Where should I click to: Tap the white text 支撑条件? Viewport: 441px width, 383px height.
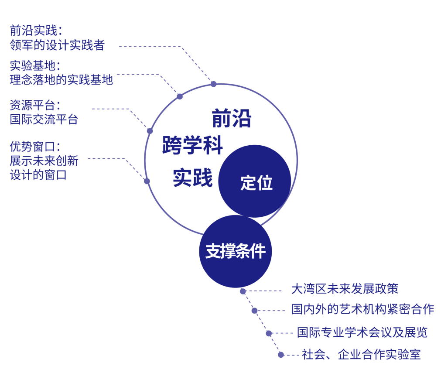click(236, 251)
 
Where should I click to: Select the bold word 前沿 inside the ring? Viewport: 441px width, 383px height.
click(232, 119)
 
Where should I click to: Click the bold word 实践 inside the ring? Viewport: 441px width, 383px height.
click(192, 177)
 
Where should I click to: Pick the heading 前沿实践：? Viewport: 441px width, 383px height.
click(36, 31)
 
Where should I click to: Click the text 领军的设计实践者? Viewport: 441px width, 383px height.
click(57, 45)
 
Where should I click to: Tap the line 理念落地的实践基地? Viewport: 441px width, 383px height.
click(61, 80)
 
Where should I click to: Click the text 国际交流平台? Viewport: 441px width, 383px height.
click(44, 119)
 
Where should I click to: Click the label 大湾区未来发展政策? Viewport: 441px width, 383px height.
click(345, 289)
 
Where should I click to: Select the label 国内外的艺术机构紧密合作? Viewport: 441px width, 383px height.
click(362, 309)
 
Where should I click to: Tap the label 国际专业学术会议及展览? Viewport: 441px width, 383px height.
click(362, 332)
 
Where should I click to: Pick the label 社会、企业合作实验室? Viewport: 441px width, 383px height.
click(361, 354)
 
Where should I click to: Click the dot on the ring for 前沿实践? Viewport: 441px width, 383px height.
click(213, 84)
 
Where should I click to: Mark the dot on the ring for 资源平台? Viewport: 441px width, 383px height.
click(150, 131)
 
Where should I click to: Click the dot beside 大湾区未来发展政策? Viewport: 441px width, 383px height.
click(243, 291)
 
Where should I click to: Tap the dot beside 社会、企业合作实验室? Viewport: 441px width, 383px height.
click(281, 355)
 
